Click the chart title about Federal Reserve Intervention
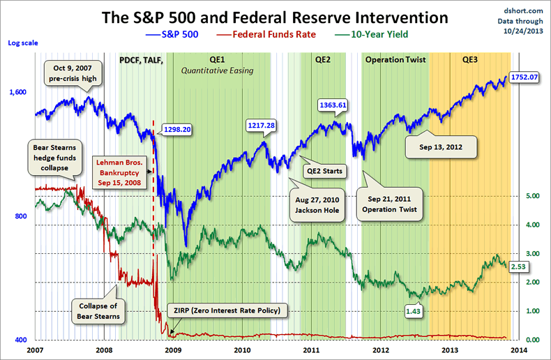coord(275,17)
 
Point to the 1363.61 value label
coord(333,105)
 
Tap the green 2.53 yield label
coord(518,267)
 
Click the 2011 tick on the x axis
coord(312,349)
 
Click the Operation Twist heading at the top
coord(395,60)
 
